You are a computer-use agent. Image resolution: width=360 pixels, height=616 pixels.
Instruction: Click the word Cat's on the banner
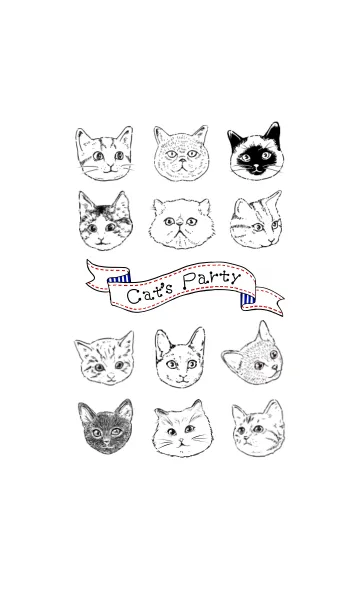coord(150,295)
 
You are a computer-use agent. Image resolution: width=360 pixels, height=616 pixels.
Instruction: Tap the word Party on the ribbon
coord(212,280)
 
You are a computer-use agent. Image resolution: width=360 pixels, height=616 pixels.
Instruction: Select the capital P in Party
coord(190,282)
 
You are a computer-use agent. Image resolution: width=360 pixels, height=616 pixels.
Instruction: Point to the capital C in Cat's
coord(133,297)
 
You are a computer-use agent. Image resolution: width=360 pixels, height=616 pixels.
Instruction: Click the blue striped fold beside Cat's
coord(118,279)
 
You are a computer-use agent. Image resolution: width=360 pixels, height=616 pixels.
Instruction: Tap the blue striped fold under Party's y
coord(247,300)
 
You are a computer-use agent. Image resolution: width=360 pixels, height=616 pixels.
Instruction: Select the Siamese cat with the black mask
coord(255,151)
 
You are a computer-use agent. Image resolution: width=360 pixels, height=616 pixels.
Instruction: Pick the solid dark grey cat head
coord(105,427)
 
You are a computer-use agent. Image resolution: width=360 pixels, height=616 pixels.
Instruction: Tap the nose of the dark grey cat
coord(106,442)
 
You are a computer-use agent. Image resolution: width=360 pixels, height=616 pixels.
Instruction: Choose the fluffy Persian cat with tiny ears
coord(181,224)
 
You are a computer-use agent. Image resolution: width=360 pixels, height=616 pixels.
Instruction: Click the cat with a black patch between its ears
coord(105,221)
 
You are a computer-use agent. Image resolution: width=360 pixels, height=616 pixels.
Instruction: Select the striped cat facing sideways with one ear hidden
coord(256,219)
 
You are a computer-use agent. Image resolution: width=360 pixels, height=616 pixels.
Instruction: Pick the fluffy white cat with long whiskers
coord(183,429)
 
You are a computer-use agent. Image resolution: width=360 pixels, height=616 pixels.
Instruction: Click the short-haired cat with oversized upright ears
coord(180,358)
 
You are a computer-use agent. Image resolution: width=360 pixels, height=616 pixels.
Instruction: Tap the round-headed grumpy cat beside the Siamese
coord(180,153)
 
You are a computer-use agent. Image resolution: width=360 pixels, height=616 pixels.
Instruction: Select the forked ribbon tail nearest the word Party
coord(266,302)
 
